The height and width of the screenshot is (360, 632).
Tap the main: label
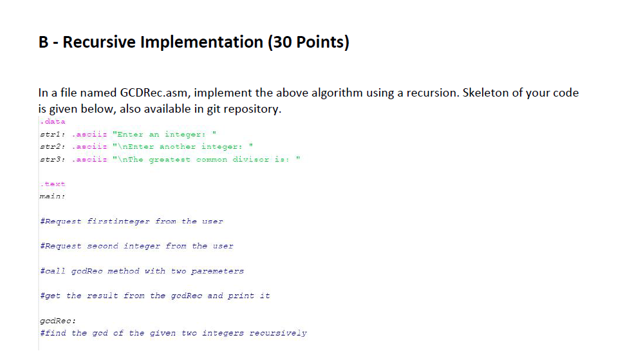(52, 196)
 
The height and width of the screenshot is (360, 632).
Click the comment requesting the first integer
(131, 221)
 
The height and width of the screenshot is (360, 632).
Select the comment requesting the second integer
(136, 246)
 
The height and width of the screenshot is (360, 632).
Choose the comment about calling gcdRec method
(142, 271)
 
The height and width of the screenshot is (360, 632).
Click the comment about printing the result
(154, 296)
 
